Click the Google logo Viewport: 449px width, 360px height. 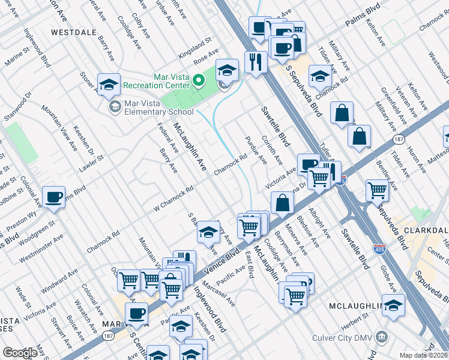pos(20,352)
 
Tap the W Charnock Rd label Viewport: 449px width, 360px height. pos(174,197)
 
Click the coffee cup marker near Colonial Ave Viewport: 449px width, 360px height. pos(53,196)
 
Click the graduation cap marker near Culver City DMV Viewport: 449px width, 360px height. pos(393,305)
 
